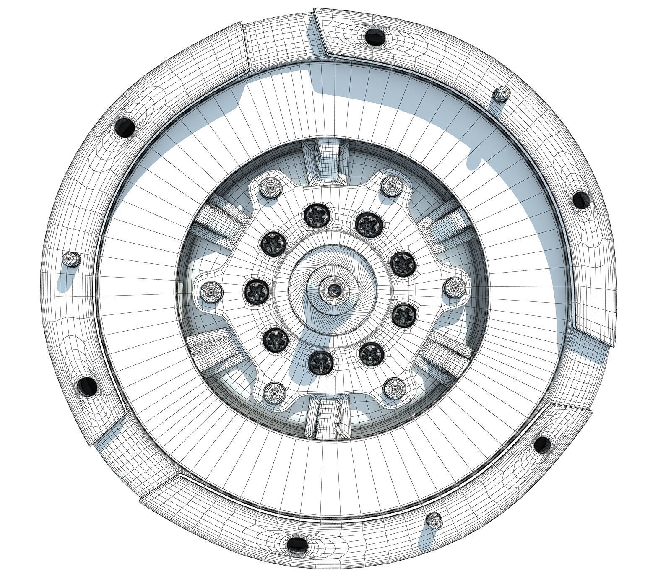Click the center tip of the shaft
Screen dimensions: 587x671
click(333, 289)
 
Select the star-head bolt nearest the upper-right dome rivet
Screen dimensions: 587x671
click(368, 224)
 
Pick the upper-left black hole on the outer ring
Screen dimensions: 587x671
click(125, 125)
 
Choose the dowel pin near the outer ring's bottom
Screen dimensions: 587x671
click(434, 521)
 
